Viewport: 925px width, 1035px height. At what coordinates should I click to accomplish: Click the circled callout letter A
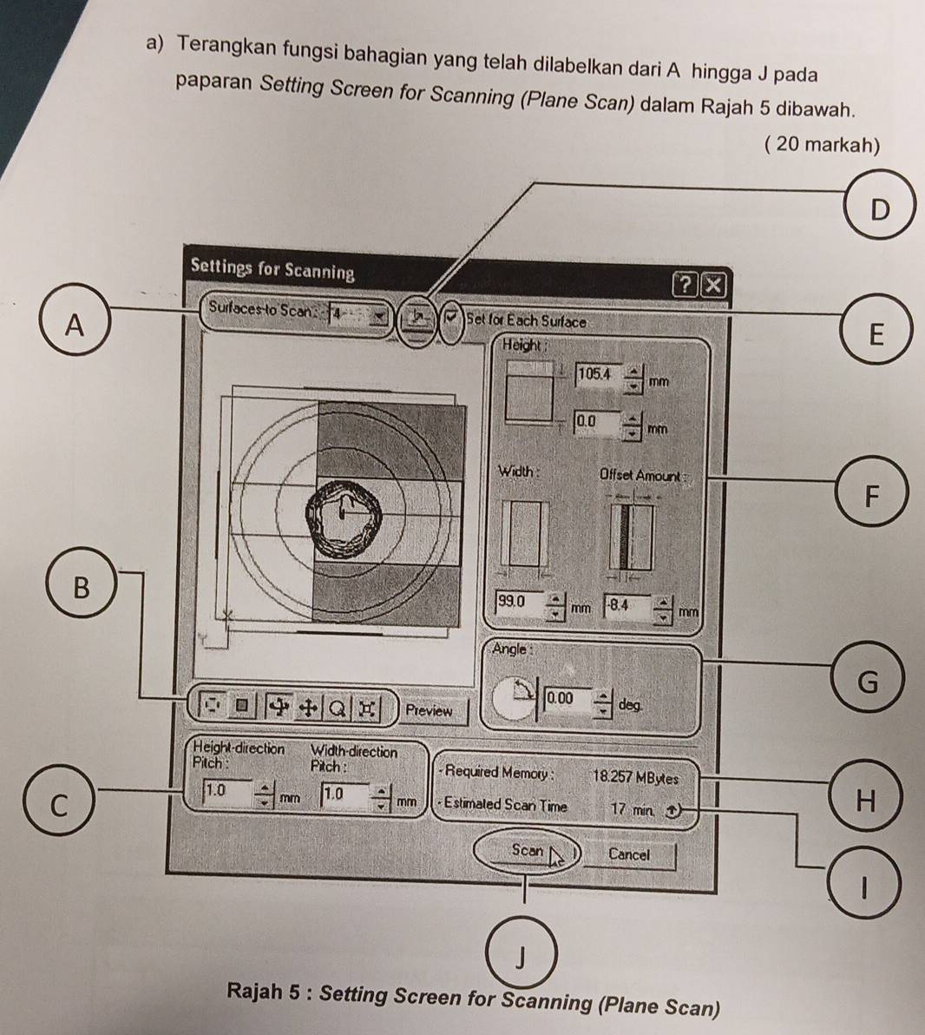click(x=76, y=325)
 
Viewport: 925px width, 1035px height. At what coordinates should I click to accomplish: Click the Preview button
click(x=429, y=710)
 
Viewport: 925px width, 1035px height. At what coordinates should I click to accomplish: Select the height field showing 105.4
click(x=595, y=374)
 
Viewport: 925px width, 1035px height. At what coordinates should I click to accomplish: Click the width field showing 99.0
click(x=517, y=601)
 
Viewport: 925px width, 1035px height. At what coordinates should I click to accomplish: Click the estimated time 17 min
click(x=631, y=808)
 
